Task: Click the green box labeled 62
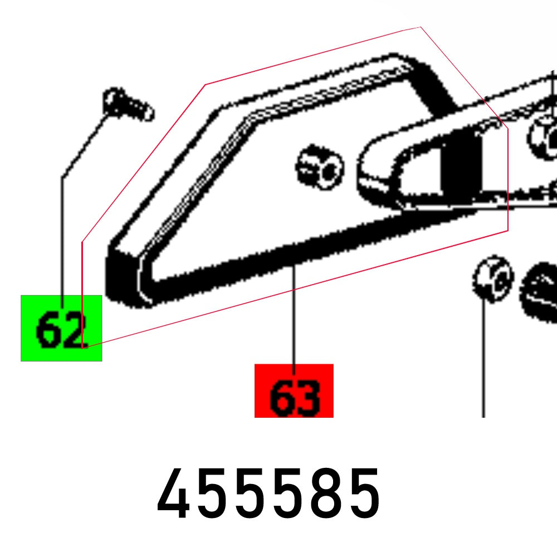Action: [61, 328]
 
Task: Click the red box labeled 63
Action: [294, 390]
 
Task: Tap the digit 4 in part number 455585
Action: [173, 493]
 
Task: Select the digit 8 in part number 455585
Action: [325, 494]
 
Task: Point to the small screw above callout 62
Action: [128, 105]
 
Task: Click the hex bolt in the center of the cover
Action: [320, 167]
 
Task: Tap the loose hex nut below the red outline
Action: [493, 279]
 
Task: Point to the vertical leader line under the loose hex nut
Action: [483, 359]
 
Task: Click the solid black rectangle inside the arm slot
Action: [461, 166]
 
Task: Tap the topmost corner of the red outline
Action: [421, 27]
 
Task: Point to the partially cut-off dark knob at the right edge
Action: [539, 293]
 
